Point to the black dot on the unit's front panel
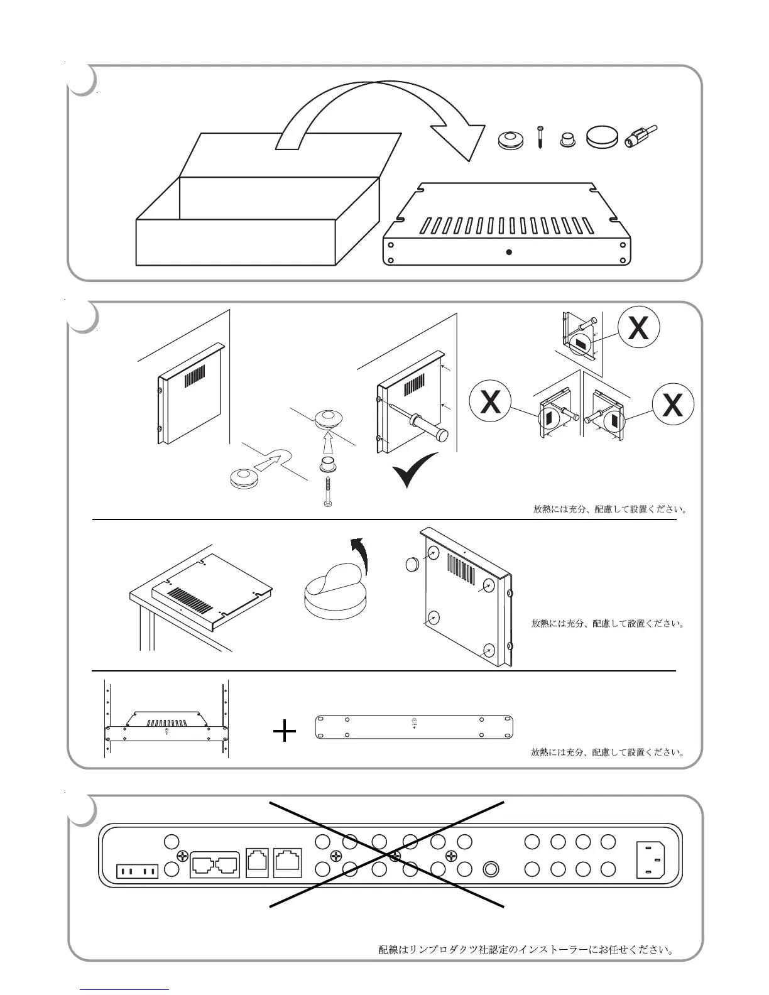point(509,253)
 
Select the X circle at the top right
point(638,328)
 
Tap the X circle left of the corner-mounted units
point(491,403)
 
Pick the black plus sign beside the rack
point(285,731)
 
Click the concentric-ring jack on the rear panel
point(491,869)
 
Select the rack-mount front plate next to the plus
point(414,727)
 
